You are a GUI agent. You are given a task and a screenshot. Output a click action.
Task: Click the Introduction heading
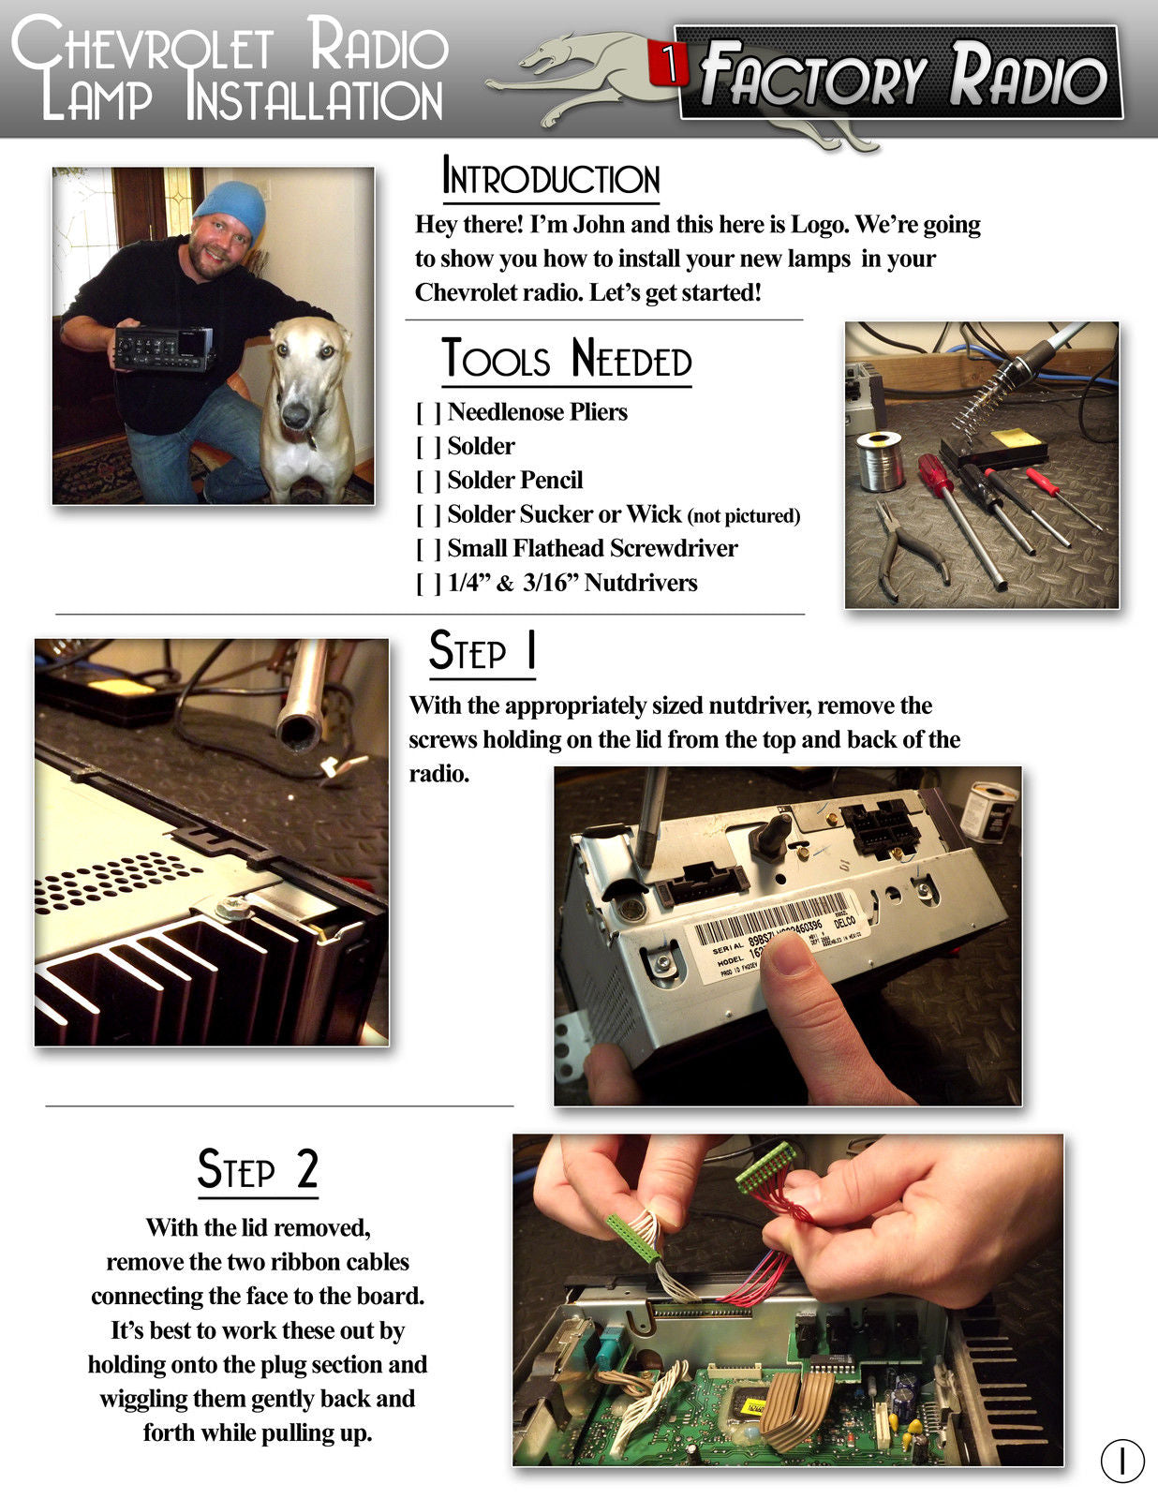(550, 177)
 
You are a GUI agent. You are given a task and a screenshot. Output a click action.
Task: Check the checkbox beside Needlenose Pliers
(428, 412)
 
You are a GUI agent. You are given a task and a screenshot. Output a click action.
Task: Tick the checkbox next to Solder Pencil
(428, 481)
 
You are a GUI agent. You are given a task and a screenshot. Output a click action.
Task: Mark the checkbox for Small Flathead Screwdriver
(428, 549)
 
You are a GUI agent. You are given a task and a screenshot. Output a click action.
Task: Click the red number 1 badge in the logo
(667, 64)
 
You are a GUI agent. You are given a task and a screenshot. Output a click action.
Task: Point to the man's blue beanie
(231, 208)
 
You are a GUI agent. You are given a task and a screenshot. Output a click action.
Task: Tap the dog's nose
(296, 415)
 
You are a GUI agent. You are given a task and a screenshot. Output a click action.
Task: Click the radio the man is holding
(164, 349)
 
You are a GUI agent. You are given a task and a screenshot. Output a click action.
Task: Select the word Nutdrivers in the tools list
(641, 583)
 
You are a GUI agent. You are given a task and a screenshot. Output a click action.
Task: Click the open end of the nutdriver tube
(299, 734)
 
